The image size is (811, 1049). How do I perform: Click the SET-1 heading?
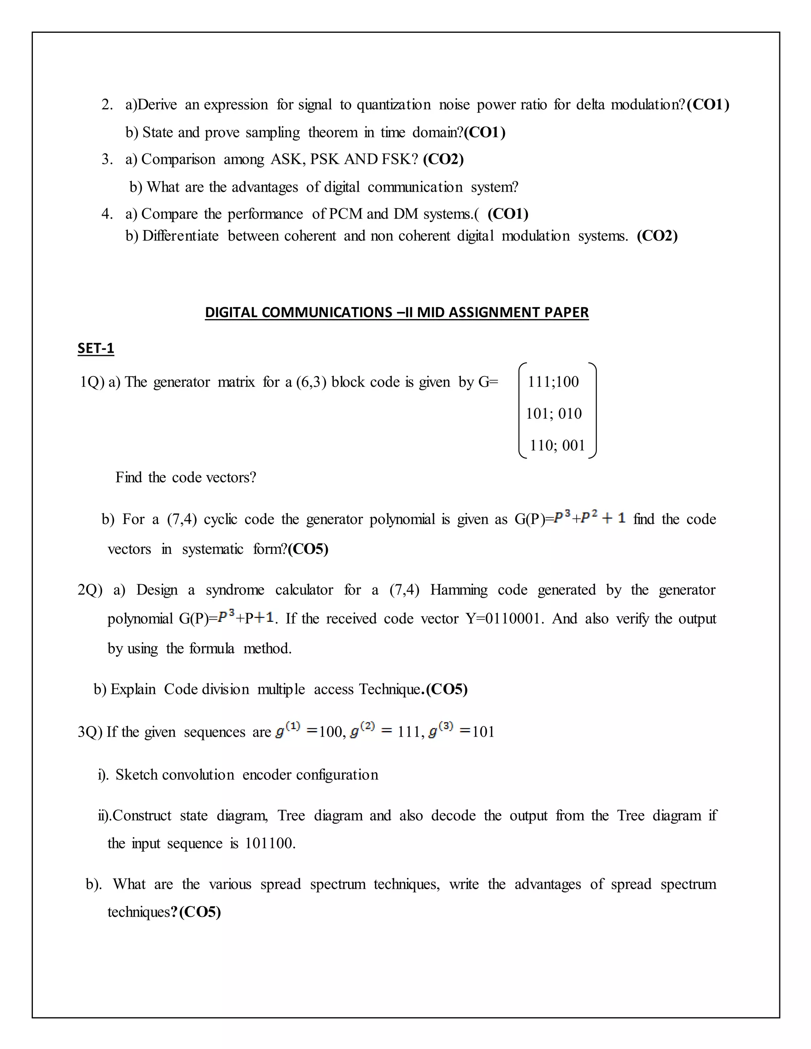coord(95,348)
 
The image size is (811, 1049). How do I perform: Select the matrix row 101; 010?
coord(554,414)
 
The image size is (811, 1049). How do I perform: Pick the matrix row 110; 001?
coord(557,445)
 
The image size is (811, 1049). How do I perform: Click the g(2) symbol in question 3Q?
coord(362,732)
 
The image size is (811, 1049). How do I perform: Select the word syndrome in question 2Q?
coord(235,590)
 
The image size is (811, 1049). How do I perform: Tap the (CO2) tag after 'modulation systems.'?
coord(657,236)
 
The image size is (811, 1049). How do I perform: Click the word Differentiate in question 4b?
coord(180,236)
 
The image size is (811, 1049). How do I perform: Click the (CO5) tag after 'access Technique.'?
coord(447,689)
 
